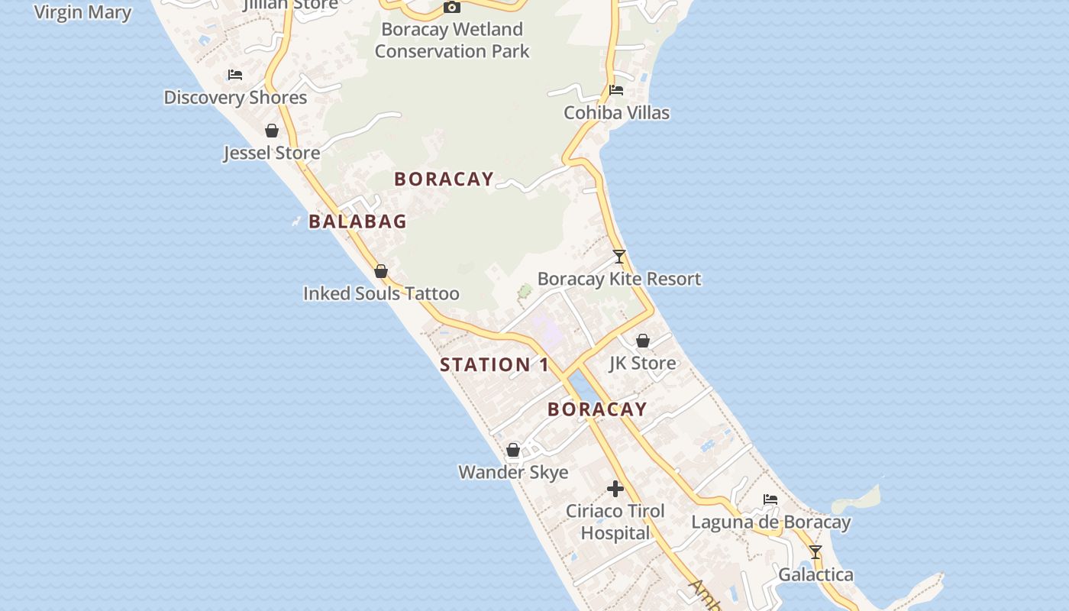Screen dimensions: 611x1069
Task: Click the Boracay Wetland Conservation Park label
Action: point(452,40)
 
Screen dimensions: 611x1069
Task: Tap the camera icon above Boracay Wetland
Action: point(452,8)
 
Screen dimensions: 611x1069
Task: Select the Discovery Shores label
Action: point(235,98)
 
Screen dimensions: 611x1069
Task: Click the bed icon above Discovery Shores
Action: point(235,75)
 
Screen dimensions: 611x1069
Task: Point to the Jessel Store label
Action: point(272,153)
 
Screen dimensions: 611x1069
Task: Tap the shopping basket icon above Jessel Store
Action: point(272,131)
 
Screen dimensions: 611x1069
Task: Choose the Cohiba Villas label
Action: point(616,113)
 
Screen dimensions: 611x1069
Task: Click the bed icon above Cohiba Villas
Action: point(616,90)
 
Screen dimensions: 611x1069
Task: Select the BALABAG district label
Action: point(357,221)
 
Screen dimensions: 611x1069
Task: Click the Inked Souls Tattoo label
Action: point(381,293)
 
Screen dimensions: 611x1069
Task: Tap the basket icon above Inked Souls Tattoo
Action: point(381,271)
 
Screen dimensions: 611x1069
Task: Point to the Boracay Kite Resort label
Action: point(619,279)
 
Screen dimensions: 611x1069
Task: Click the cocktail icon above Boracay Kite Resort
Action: point(619,257)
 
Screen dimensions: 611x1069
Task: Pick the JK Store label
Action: point(643,363)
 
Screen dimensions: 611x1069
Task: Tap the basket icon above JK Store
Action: point(643,341)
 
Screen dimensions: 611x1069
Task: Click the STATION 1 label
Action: point(495,365)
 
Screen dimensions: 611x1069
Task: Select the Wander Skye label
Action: point(513,472)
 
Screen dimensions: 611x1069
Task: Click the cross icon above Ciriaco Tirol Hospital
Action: point(615,489)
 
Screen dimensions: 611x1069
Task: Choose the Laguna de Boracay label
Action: point(770,522)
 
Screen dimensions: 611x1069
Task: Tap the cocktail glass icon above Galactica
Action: point(815,552)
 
